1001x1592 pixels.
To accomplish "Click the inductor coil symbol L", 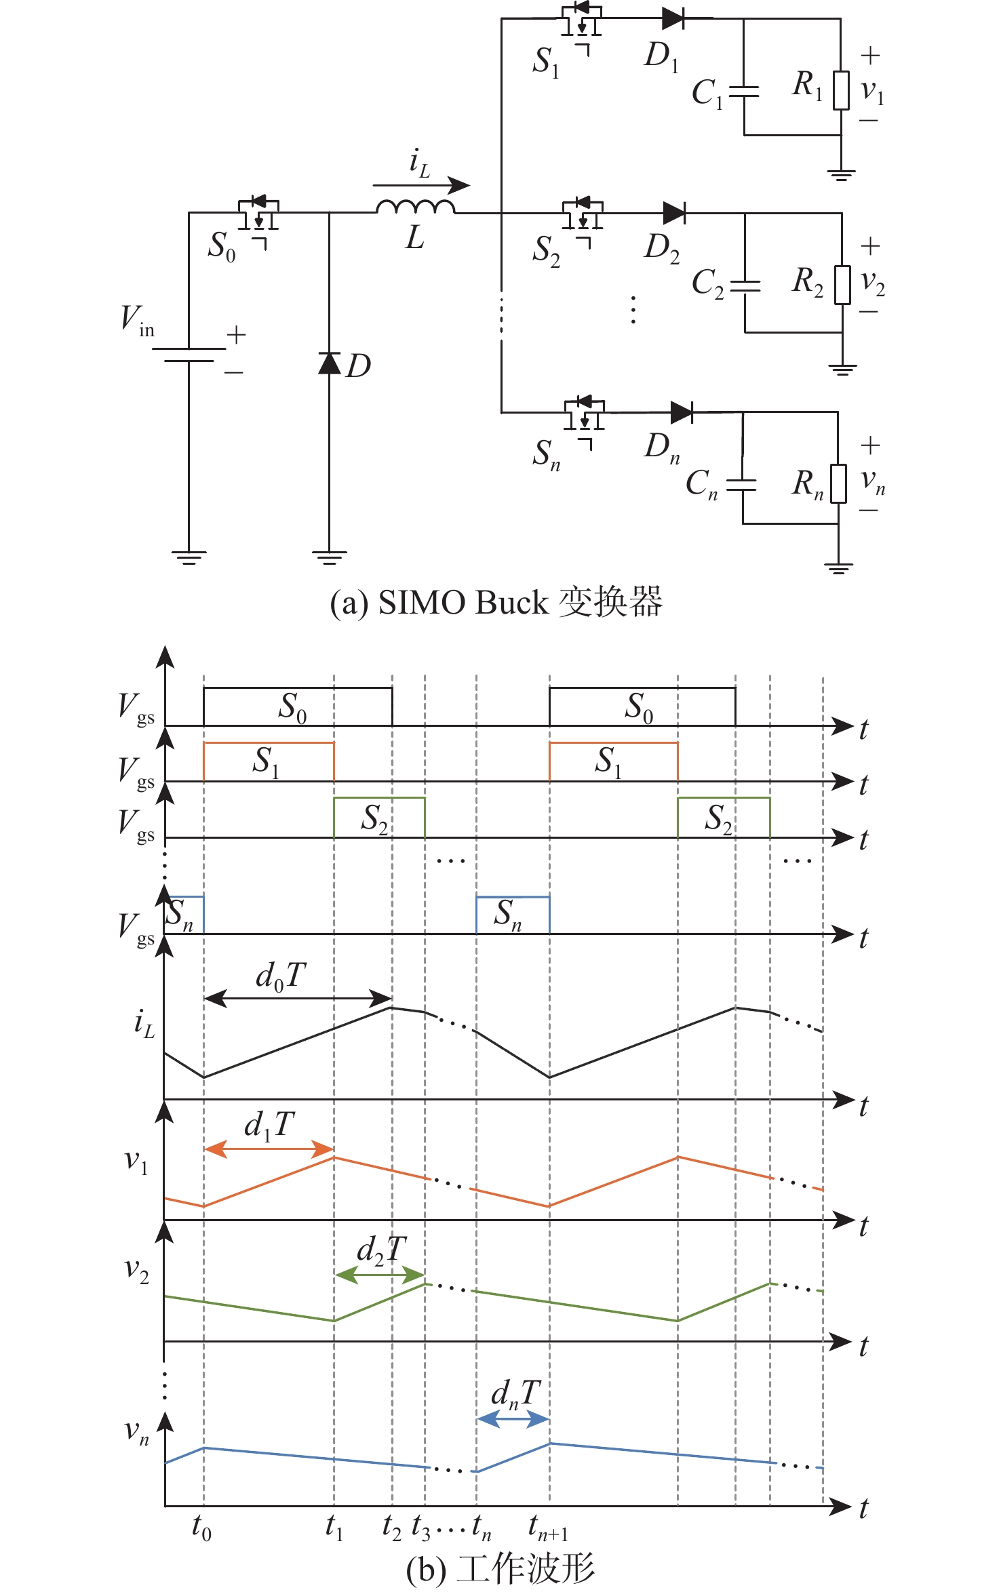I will (415, 206).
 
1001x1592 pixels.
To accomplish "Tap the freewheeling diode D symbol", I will (330, 363).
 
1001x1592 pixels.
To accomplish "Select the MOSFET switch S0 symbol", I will (258, 214).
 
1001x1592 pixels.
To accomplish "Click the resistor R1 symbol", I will (841, 90).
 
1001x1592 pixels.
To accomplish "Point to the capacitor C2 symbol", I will (745, 285).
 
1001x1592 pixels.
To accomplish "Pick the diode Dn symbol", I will (680, 412).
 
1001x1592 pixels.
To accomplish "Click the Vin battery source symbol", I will (189, 355).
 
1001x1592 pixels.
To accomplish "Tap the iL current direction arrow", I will (420, 184).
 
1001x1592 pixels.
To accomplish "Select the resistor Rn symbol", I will (838, 483).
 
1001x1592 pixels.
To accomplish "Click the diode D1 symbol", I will (673, 19).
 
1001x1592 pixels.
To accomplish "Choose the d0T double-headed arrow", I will (298, 997).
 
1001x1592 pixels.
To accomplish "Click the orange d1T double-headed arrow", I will (269, 1149).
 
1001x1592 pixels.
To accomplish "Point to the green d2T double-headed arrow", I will (380, 1275).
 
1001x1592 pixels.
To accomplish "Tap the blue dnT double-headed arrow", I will (513, 1418).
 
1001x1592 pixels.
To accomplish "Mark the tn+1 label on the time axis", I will (548, 1529).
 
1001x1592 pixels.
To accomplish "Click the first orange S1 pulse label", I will (266, 762).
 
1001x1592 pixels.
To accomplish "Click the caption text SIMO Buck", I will (463, 603).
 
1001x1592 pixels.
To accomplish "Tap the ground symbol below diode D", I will (330, 558).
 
